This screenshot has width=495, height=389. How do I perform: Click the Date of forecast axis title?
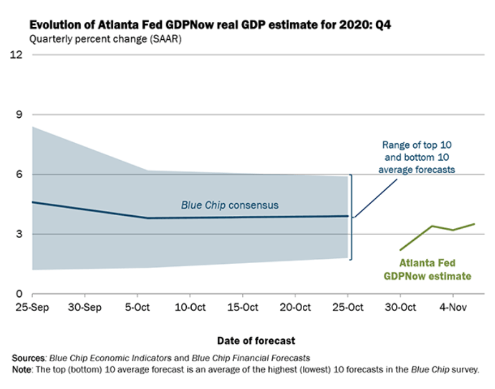(256, 341)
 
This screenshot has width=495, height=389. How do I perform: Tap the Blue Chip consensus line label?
(230, 205)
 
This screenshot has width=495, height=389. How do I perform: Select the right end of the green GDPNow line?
(474, 224)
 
